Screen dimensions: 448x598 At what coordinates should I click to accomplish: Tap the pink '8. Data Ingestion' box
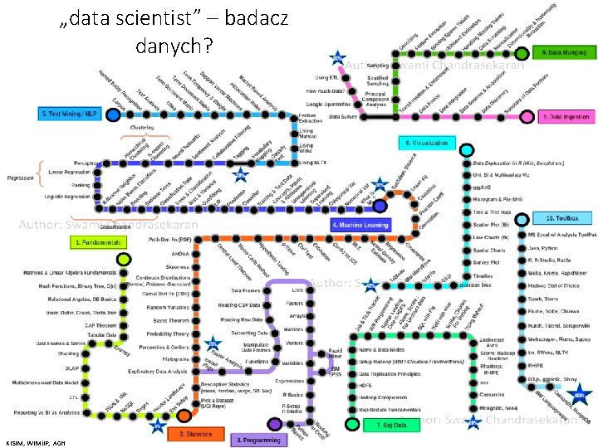[x=564, y=117]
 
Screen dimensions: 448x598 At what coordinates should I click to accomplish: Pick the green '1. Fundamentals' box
[x=98, y=242]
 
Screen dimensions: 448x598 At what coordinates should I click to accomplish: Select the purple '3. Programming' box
[x=257, y=440]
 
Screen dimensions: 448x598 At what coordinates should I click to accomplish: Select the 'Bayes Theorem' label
[x=173, y=319]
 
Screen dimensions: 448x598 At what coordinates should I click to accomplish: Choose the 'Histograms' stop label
[x=176, y=358]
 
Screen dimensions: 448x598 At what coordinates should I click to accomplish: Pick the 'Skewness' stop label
[x=177, y=267]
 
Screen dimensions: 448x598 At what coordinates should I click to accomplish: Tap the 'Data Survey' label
[x=343, y=118]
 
